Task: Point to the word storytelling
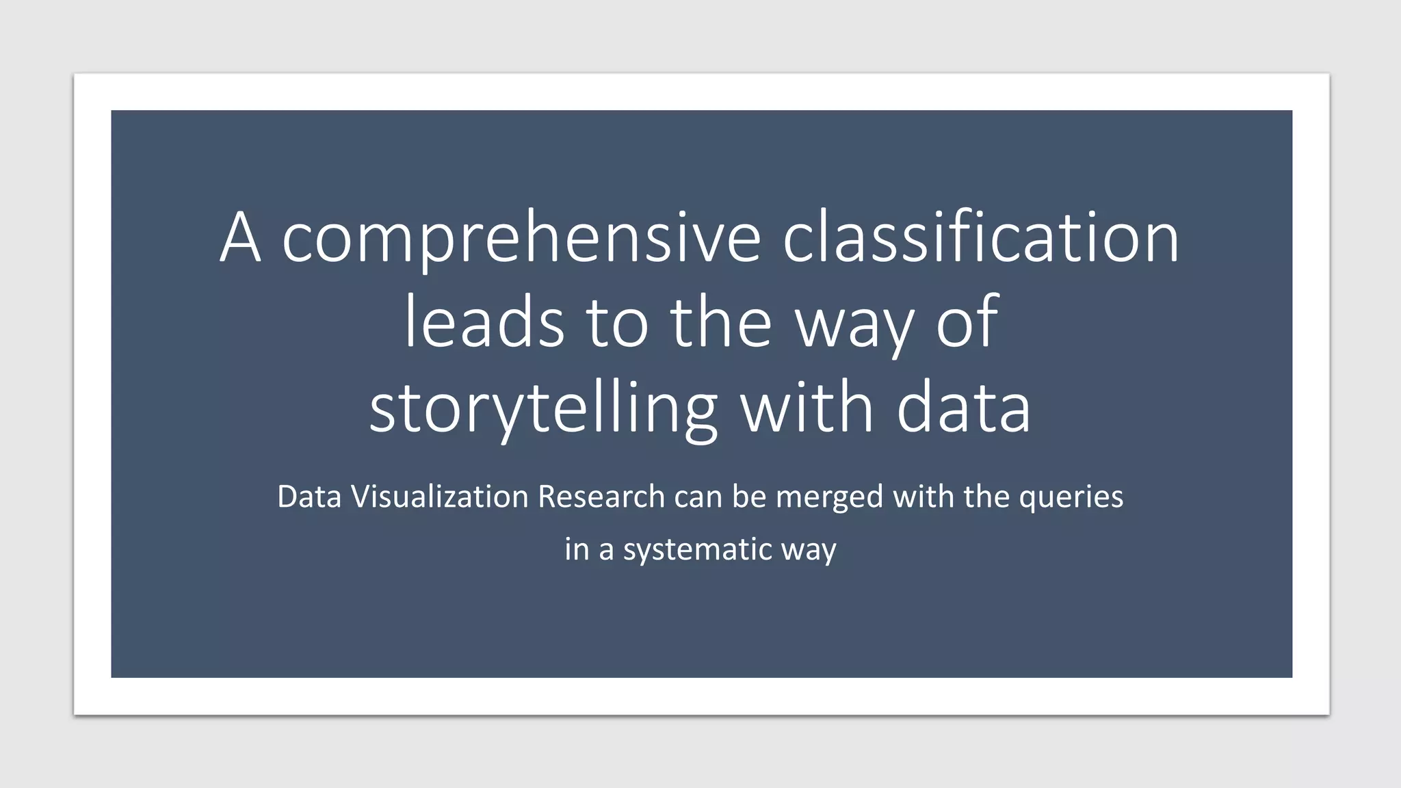coord(544,408)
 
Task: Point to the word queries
coord(1071,497)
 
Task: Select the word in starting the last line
coord(577,549)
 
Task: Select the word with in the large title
coord(807,408)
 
